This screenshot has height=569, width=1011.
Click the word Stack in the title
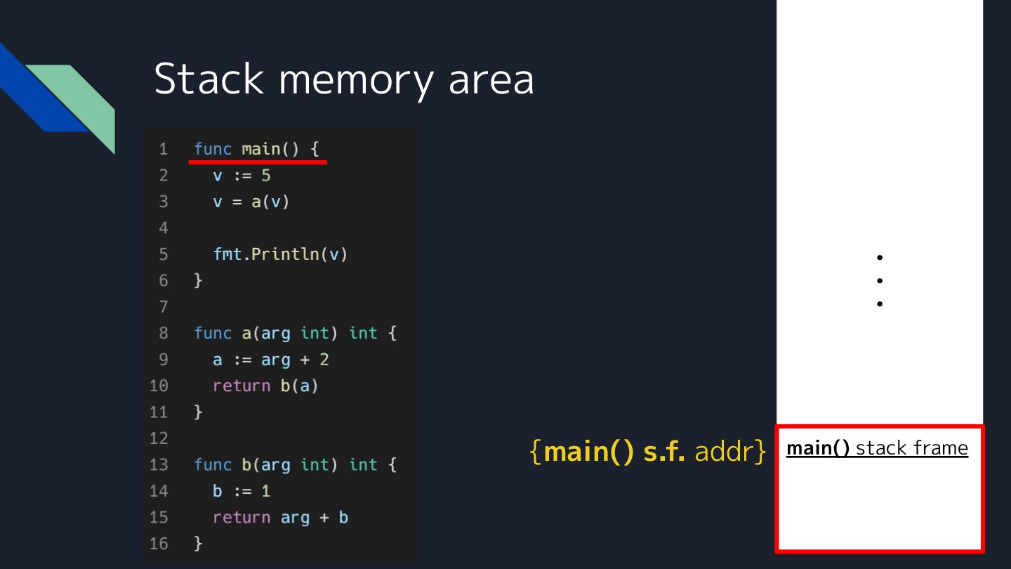[208, 79]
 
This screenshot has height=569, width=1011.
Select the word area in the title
[491, 80]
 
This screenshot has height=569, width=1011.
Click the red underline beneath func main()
[258, 162]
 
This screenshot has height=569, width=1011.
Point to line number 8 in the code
[163, 333]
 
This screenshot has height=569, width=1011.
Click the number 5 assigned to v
[265, 176]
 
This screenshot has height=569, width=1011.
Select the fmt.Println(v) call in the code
[280, 254]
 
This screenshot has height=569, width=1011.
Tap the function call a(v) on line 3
[270, 202]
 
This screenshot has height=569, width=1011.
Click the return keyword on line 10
[242, 386]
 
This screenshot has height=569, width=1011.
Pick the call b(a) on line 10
[299, 386]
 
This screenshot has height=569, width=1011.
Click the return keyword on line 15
[242, 518]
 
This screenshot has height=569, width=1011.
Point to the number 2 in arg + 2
[324, 360]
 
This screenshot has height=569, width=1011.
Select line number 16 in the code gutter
[159, 544]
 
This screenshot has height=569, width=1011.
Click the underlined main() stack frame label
[877, 448]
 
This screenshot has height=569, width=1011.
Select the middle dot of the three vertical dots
[879, 281]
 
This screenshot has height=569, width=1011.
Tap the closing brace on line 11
[198, 412]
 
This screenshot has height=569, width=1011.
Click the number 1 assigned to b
[265, 491]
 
